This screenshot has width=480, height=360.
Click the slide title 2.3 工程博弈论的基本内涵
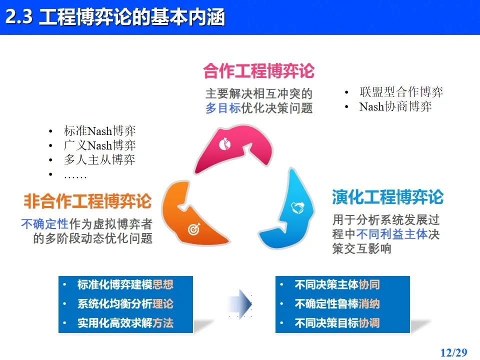coord(115,17)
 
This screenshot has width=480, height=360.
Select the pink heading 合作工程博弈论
coord(258,70)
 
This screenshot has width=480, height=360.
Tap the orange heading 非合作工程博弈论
coord(87,201)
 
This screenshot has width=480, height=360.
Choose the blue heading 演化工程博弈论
coord(387,196)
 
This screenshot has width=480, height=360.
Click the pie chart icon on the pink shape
coord(224,144)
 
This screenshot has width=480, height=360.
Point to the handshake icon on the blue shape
coord(297,208)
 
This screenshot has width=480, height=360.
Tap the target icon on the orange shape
coord(194,228)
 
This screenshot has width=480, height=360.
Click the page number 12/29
coord(453,352)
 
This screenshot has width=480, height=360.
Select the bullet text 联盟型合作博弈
coord(401,92)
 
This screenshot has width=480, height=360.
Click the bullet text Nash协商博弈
coord(395,106)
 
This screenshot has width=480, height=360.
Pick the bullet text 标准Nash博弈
coord(99,131)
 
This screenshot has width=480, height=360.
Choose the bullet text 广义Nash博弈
coord(99,145)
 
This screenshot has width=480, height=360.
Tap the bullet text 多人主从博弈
coord(99,160)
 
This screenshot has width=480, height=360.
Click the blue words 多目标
coord(223,108)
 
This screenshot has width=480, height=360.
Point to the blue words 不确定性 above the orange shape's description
coord(44,224)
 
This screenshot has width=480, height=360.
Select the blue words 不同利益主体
coord(392,234)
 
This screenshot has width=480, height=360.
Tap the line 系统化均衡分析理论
coord(125,303)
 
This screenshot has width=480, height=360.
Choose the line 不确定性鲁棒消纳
coord(337,303)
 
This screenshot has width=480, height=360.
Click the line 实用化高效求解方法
coord(125,323)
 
